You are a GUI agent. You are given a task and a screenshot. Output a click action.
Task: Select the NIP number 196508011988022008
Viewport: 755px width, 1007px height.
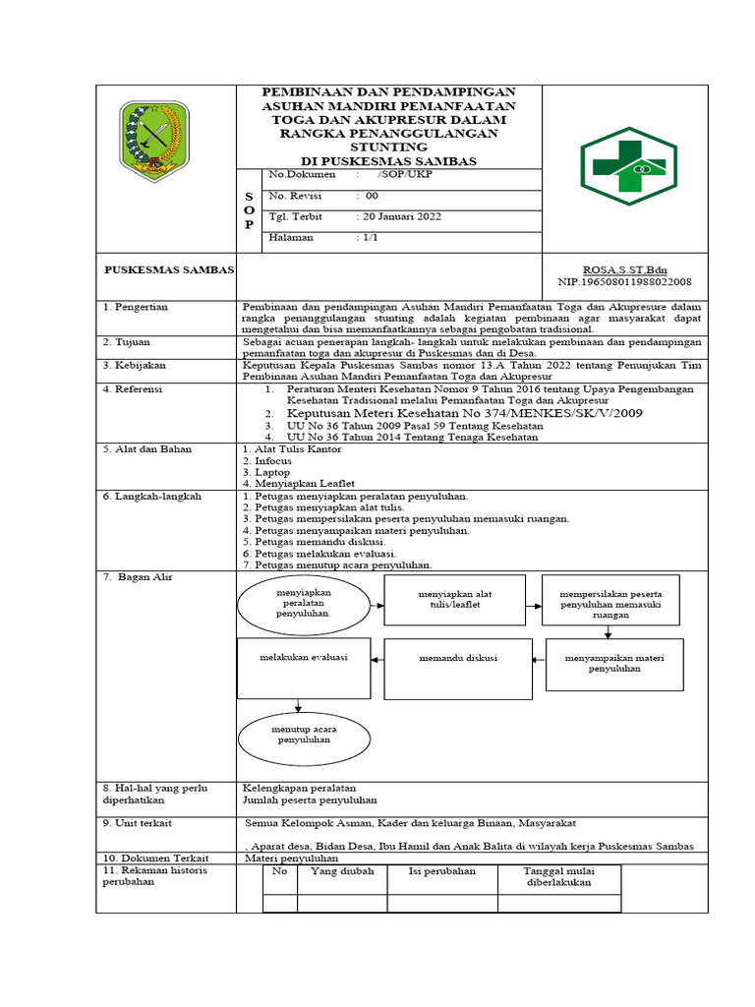624,281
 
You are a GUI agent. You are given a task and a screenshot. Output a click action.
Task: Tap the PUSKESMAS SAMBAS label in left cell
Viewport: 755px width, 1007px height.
168,268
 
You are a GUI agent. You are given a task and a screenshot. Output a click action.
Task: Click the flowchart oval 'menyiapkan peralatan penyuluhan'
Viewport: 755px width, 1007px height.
303,603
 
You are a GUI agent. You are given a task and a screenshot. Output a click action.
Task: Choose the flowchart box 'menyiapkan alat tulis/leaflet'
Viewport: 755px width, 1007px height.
454,600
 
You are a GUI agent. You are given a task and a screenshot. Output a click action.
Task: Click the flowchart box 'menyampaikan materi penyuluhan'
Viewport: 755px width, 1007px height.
614,663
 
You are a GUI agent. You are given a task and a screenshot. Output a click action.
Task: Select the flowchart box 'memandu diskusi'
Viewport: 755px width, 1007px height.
457,658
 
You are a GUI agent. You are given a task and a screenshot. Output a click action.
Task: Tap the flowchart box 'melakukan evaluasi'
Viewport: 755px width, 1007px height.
304,657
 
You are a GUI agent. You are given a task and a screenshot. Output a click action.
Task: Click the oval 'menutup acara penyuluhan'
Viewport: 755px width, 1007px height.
303,734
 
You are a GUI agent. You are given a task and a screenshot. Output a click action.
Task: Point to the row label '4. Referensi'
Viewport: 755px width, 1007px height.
137,389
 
